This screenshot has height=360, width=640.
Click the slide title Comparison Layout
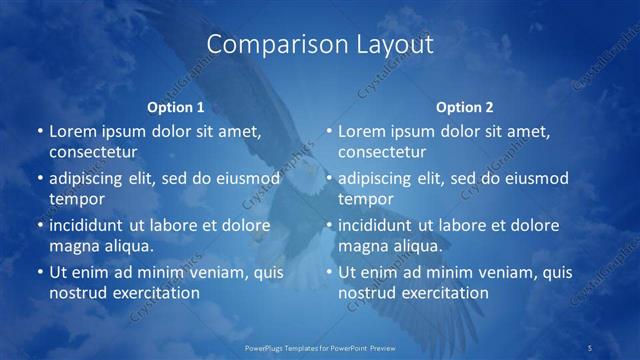[320, 45]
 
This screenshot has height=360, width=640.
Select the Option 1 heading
[175, 107]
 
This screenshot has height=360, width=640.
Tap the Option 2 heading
[464, 107]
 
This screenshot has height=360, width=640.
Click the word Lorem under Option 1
[71, 131]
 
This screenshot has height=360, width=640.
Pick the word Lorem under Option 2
[361, 131]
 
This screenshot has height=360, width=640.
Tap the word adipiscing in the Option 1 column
[91, 178]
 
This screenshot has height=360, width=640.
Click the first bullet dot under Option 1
[39, 132]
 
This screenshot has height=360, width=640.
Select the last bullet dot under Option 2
[329, 272]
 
